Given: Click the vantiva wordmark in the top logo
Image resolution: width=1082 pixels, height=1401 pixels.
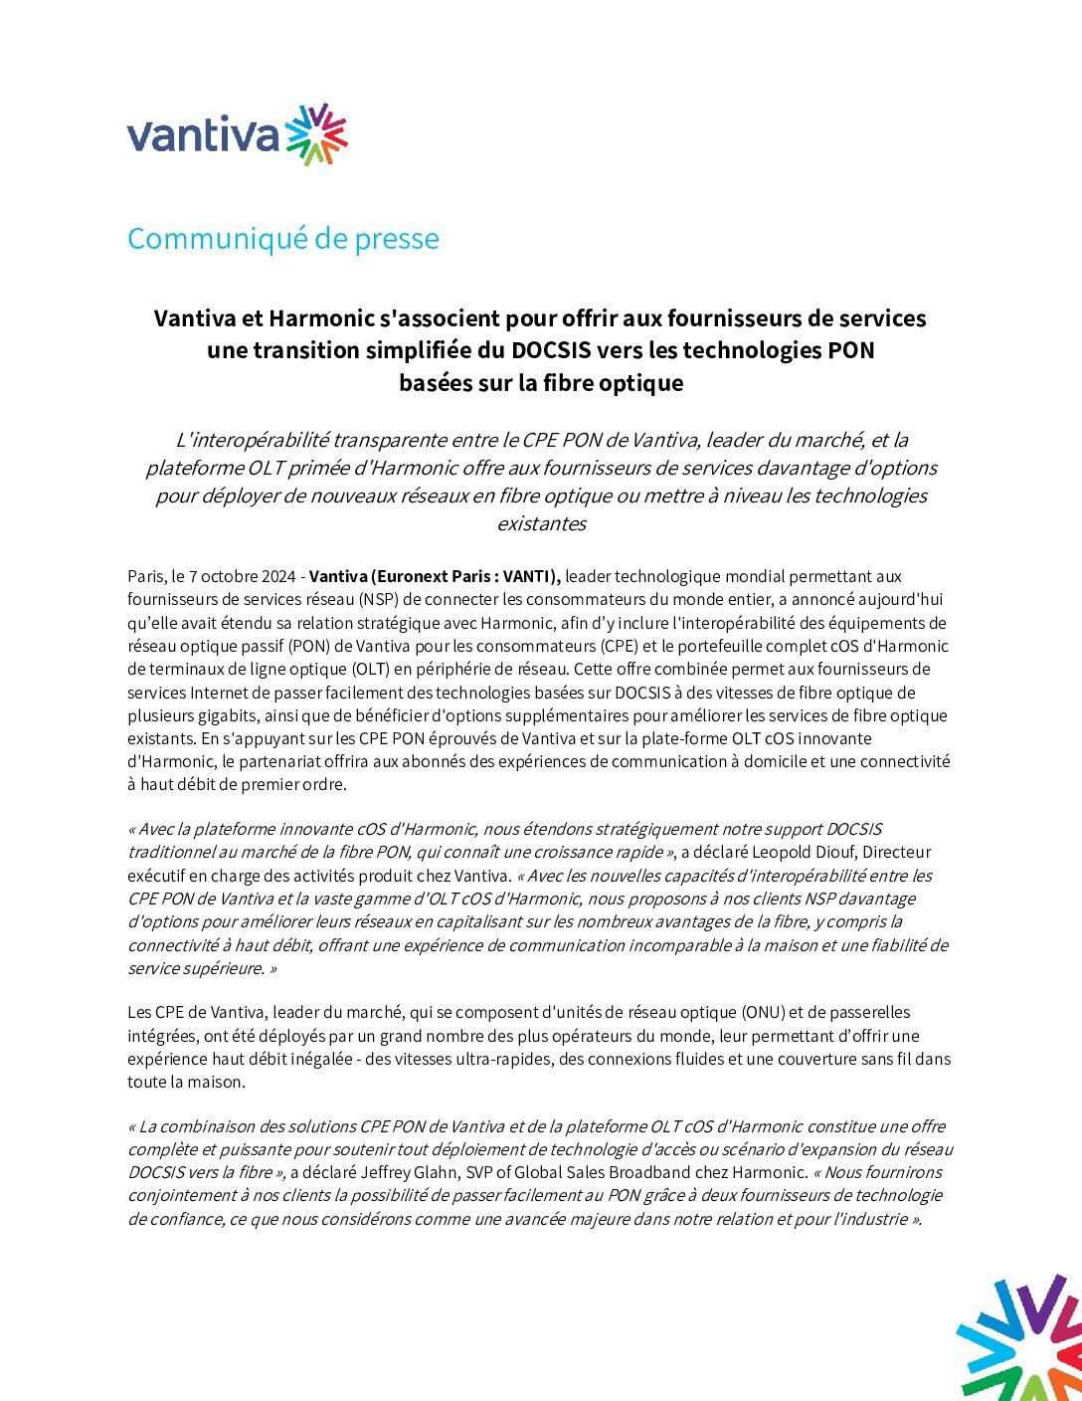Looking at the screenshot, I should [203, 136].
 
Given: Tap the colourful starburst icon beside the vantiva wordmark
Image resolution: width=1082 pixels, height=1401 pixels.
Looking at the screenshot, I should [317, 134].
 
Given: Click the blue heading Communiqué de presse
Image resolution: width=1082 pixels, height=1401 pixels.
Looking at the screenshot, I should [282, 239].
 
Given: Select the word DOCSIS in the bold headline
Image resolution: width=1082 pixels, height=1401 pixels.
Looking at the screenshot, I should [550, 350].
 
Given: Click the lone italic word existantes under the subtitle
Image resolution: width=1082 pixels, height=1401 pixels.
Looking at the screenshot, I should [541, 523].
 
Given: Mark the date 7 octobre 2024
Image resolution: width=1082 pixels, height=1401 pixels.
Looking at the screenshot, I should [239, 576].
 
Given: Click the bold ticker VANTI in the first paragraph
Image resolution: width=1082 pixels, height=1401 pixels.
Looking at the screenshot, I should [529, 576].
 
